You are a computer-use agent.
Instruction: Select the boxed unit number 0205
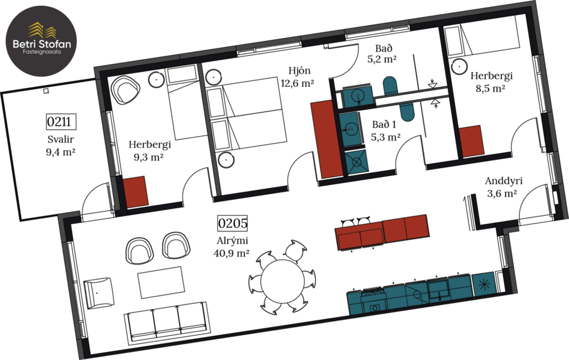click(233, 223)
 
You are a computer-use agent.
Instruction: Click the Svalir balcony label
click(61, 140)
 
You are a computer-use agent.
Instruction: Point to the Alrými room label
click(233, 240)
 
